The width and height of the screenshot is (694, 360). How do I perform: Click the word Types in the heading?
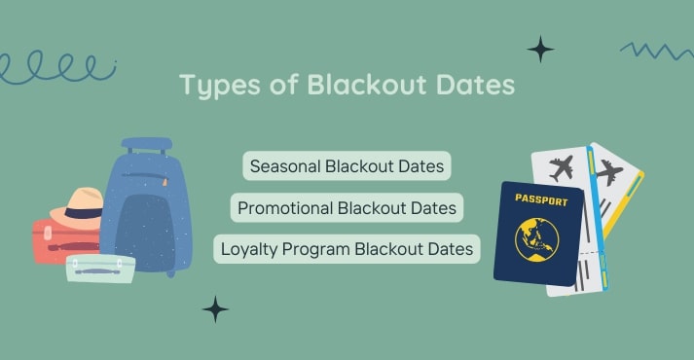pos(213,86)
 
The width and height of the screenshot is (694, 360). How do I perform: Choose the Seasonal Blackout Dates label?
pos(347,166)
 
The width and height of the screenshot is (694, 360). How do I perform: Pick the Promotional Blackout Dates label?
pos(347,207)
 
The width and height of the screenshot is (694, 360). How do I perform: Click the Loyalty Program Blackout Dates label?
pos(347,248)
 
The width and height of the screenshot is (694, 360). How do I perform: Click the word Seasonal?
pos(287,166)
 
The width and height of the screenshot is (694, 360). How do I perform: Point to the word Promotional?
pos(286,207)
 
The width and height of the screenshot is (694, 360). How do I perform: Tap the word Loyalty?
pos(250,248)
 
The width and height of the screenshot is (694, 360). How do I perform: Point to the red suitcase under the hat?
pos(54,243)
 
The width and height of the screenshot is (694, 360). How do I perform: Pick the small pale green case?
pos(100,267)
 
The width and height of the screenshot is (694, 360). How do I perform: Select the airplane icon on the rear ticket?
pos(609,172)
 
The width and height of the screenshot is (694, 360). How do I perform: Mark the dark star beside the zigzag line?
pos(540,49)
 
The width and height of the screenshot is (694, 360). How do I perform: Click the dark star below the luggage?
pos(215,309)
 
